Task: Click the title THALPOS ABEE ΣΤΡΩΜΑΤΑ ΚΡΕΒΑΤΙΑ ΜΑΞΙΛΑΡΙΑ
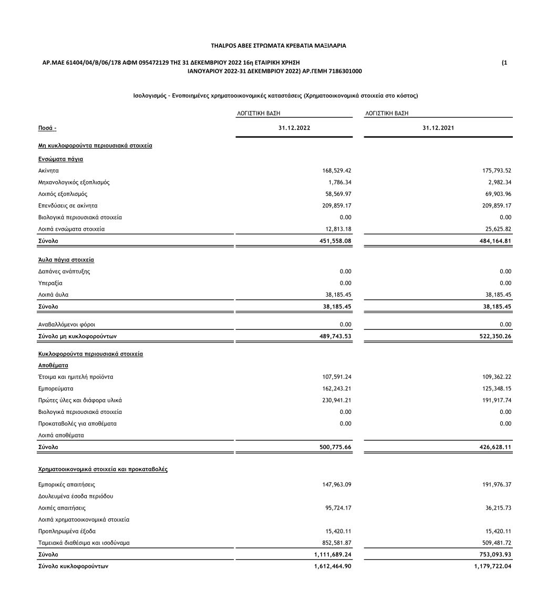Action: (278, 46)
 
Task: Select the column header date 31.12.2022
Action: (294, 128)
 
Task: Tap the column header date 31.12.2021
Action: (438, 128)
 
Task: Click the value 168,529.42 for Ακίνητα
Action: (336, 171)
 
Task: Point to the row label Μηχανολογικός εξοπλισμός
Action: (74, 182)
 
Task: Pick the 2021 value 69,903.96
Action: (496, 194)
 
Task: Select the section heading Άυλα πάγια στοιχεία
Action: (66, 259)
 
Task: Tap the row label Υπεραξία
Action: (50, 283)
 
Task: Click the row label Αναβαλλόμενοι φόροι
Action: (67, 325)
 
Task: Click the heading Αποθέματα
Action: (53, 365)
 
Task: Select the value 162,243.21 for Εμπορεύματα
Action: (336, 389)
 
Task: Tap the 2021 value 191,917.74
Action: (496, 400)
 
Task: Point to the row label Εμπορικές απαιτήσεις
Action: (67, 484)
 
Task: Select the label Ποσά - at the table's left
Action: (47, 128)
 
